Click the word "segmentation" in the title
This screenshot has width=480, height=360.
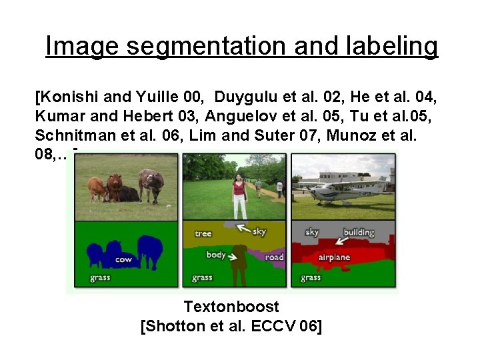[204, 47]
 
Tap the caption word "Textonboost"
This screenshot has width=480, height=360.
[231, 307]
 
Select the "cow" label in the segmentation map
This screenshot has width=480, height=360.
[123, 259]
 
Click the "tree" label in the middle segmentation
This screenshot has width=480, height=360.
[203, 233]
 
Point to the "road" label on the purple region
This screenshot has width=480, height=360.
[274, 257]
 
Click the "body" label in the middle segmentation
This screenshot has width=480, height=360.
[216, 255]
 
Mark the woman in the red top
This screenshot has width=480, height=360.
[239, 195]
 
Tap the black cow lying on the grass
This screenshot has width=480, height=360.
[128, 194]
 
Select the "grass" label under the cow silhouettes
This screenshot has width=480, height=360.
[100, 278]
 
